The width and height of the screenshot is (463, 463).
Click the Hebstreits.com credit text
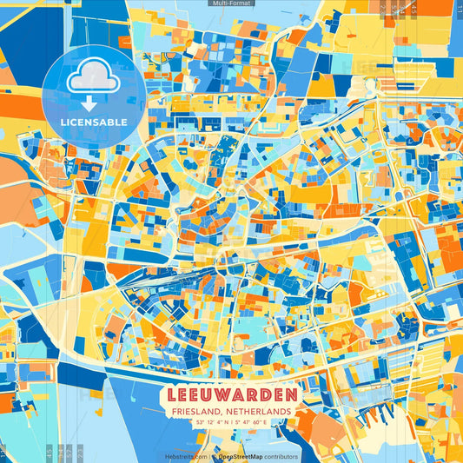coord(185,456)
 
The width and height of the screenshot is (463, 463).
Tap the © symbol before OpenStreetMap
coord(213,456)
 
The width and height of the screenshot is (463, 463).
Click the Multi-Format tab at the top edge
coord(230,3)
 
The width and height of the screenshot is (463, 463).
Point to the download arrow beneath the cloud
coord(93,103)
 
